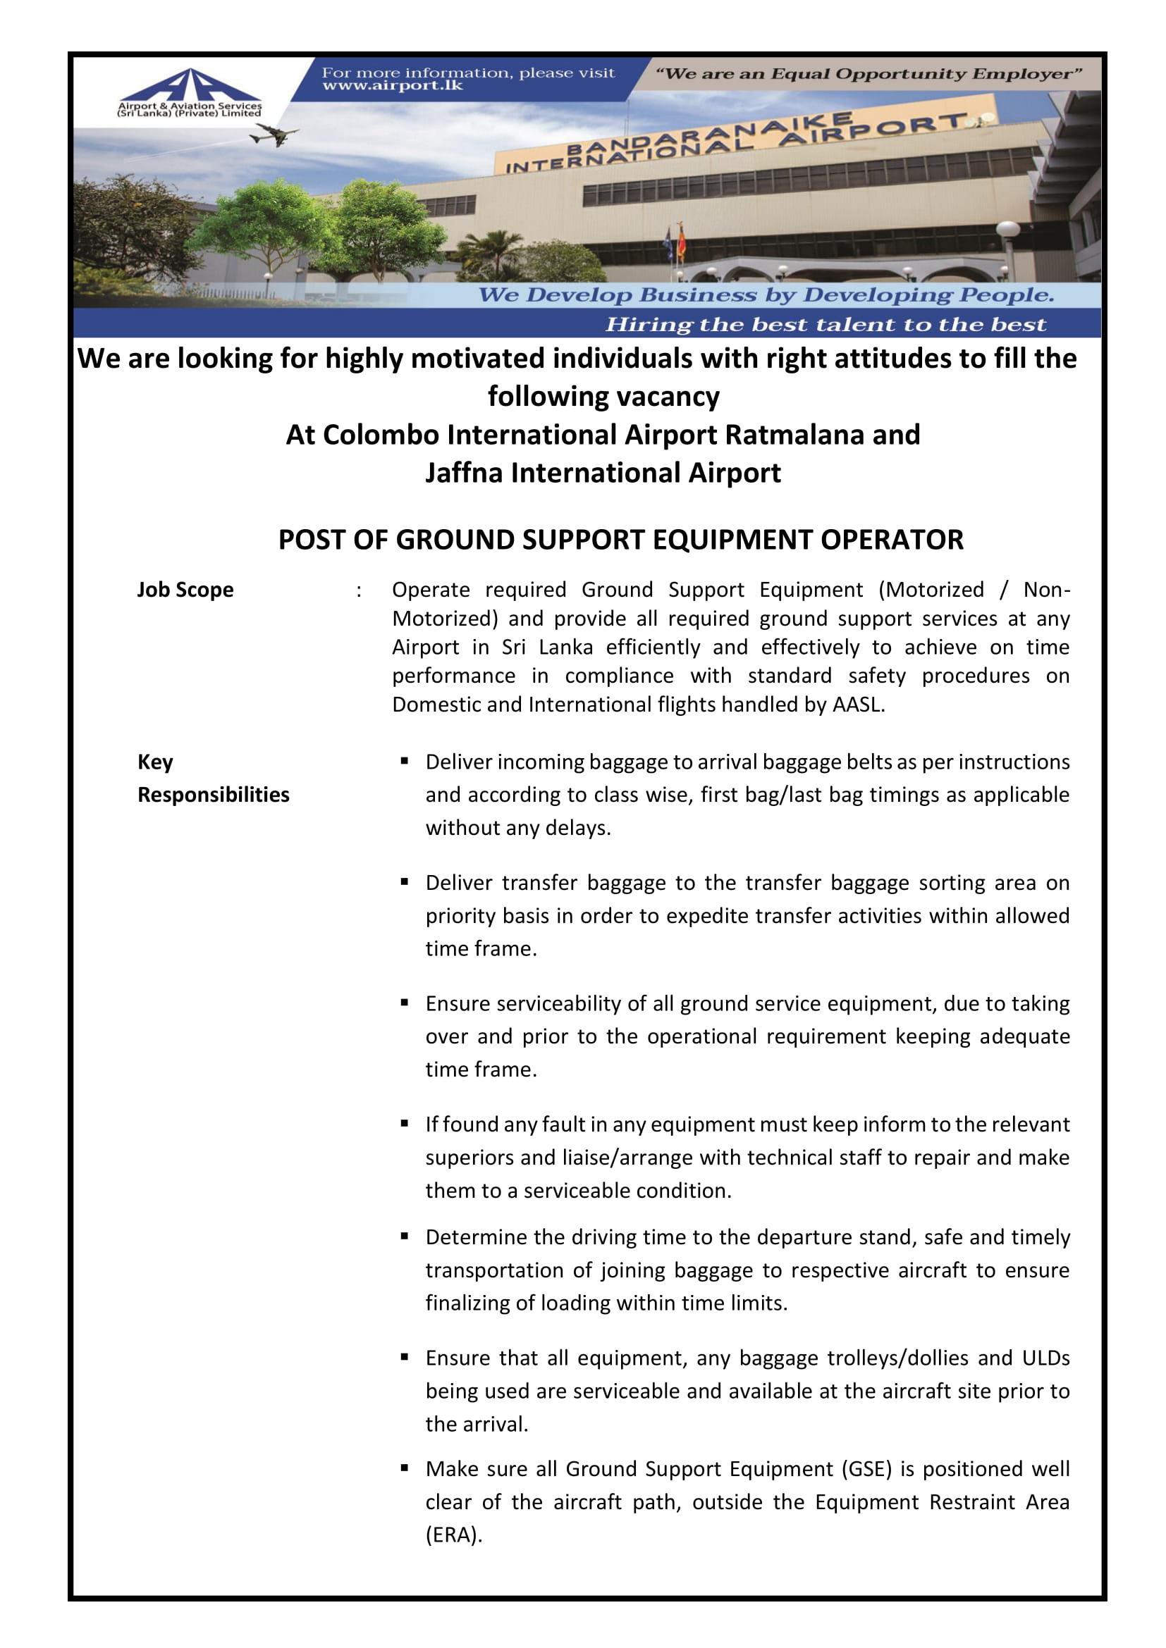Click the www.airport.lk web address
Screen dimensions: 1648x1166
(x=392, y=86)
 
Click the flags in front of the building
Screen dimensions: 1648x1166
(x=675, y=244)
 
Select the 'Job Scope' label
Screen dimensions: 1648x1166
(x=185, y=590)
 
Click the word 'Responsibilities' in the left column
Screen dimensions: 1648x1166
(x=213, y=795)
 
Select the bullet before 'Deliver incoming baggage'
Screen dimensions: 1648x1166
(x=405, y=761)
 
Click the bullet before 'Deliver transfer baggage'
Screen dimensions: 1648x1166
(x=405, y=881)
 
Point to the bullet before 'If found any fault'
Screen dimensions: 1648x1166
(x=405, y=1123)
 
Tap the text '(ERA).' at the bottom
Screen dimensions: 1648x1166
(x=454, y=1535)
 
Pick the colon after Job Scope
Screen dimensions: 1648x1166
(x=358, y=590)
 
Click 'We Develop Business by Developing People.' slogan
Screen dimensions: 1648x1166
(x=766, y=295)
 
